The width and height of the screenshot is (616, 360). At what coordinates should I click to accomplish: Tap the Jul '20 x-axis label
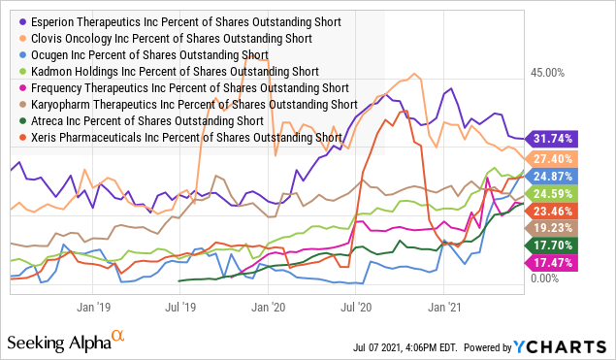358,303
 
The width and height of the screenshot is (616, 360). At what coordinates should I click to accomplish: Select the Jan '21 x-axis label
443,303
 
